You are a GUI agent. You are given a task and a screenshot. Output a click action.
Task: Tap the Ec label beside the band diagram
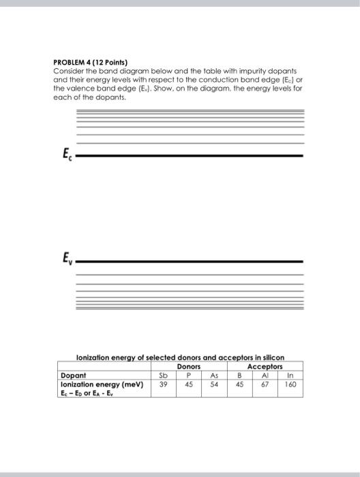(x=65, y=153)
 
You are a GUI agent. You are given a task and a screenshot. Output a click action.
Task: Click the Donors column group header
(x=189, y=366)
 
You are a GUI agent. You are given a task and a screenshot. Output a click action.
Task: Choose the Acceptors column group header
(x=266, y=366)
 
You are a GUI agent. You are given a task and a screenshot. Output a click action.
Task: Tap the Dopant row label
(x=73, y=375)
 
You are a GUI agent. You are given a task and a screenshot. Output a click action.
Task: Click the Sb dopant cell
(x=162, y=375)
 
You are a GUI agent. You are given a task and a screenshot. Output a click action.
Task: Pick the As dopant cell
(x=214, y=375)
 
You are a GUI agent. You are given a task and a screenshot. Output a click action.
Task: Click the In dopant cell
(x=292, y=375)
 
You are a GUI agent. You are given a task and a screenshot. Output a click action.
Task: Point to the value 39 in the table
(x=162, y=384)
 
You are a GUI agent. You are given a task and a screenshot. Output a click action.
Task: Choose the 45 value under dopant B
(x=240, y=384)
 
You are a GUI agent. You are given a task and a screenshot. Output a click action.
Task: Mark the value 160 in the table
(x=292, y=384)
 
